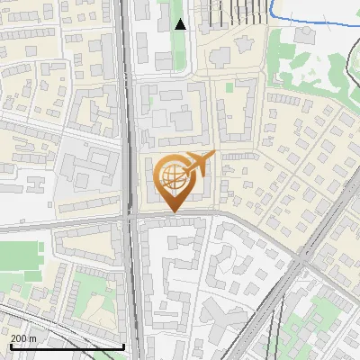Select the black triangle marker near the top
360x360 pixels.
pyautogui.click(x=180, y=24)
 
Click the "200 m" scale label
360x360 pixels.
pyautogui.click(x=24, y=337)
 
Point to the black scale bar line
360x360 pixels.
pyautogui.click(x=67, y=346)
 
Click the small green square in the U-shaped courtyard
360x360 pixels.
pyautogui.click(x=229, y=87)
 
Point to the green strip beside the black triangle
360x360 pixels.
pyautogui.click(x=165, y=27)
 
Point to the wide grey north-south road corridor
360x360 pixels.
pyautogui.click(x=130, y=135)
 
